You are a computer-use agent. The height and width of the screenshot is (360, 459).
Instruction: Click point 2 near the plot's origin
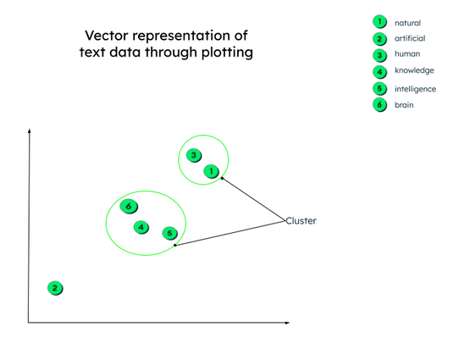[55, 288]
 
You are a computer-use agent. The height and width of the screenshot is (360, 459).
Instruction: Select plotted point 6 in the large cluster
[129, 207]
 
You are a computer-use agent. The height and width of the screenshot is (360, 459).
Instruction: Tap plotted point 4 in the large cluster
[141, 227]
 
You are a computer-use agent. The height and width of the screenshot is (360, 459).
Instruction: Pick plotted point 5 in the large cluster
[169, 233]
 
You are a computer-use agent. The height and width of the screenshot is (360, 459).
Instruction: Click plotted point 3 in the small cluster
[194, 155]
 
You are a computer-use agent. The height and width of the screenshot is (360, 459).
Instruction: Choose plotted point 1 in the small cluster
[212, 171]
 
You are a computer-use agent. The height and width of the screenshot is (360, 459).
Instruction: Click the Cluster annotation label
[301, 221]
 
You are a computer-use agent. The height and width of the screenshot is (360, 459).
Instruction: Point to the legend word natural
[407, 23]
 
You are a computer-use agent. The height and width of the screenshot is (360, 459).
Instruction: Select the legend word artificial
[410, 38]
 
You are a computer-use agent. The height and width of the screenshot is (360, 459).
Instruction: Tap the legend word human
[407, 54]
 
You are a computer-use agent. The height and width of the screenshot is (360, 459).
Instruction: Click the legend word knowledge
[414, 70]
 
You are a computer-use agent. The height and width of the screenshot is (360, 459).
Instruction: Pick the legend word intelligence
[415, 89]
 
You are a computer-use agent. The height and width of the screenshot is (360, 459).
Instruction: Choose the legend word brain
[404, 105]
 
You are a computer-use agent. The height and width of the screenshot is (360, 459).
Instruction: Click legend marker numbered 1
[379, 22]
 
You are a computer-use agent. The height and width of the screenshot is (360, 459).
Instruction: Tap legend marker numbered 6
[379, 105]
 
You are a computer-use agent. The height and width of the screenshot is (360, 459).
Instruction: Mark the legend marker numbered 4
[379, 72]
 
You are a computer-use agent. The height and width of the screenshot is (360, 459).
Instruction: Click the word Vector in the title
[107, 36]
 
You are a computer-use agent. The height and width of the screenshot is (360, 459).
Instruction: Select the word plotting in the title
[228, 53]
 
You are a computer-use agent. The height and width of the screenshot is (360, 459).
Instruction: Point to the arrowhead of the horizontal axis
[287, 323]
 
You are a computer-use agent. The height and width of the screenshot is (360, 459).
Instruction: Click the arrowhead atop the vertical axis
[29, 130]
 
